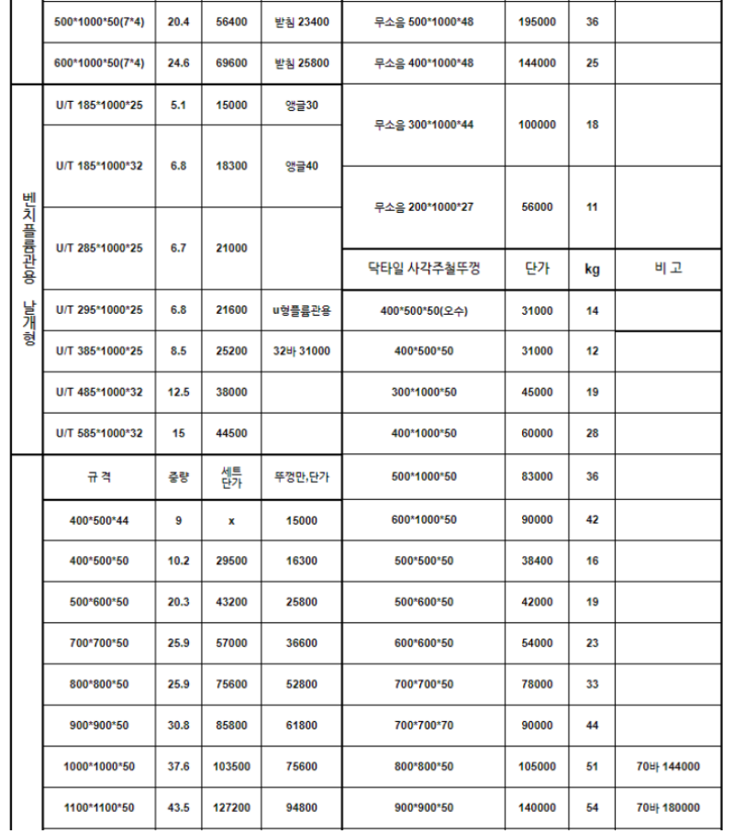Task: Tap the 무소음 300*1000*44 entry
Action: [x=423, y=125]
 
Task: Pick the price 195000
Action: [x=536, y=21]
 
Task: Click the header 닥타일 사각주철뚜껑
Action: [x=423, y=269]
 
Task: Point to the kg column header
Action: [x=592, y=270]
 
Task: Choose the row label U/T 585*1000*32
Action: [x=99, y=433]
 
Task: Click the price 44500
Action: [x=231, y=433]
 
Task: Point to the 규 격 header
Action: [x=99, y=477]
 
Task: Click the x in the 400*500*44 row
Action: [x=231, y=520]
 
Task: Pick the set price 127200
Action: [x=231, y=807]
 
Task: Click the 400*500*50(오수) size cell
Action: [x=423, y=311]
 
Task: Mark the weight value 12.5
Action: [x=179, y=393]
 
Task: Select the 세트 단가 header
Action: [x=231, y=477]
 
